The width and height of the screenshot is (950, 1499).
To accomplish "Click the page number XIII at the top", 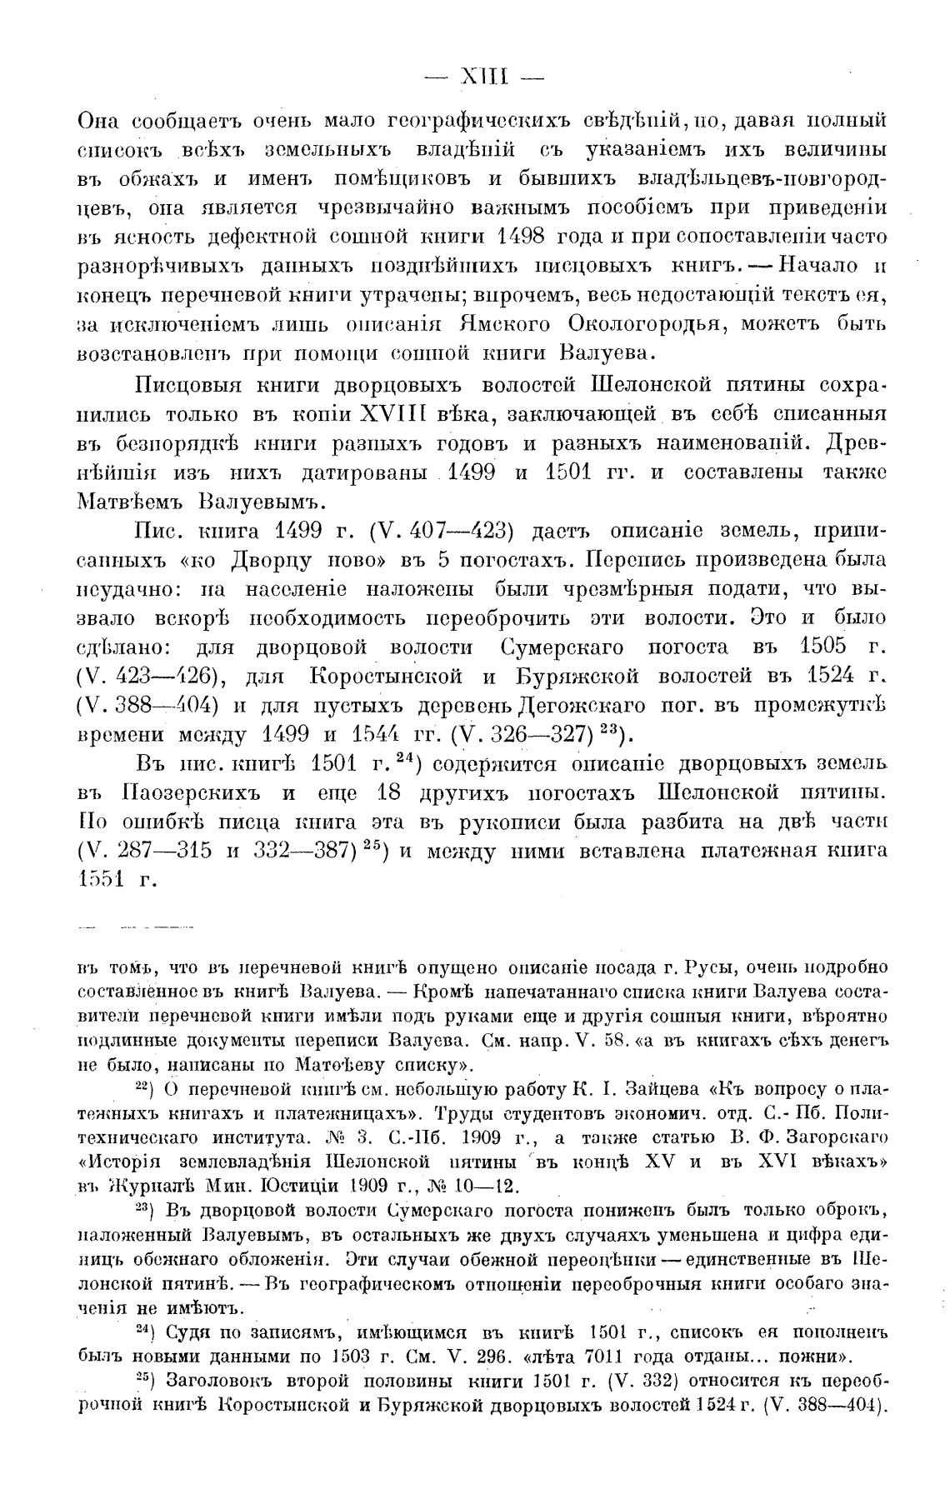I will click(x=483, y=78).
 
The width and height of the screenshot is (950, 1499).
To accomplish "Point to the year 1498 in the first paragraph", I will click(x=520, y=235).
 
